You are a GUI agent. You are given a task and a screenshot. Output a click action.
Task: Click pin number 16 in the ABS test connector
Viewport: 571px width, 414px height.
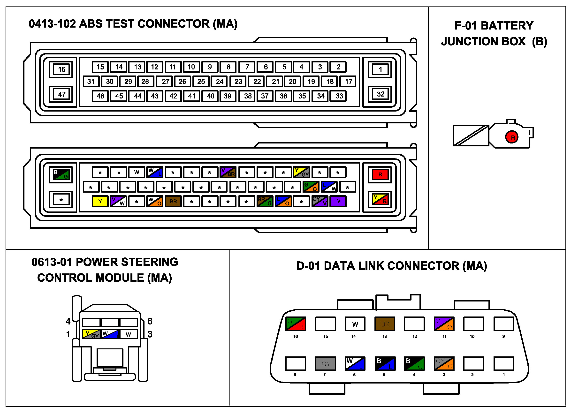62,69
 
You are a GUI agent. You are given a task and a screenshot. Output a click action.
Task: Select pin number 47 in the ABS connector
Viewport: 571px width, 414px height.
62,94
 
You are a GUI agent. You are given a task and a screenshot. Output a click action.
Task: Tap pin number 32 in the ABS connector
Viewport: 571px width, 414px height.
381,94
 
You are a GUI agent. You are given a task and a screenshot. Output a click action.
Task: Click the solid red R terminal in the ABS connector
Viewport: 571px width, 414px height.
380,174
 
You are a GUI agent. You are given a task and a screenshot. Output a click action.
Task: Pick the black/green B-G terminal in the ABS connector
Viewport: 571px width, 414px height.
61,174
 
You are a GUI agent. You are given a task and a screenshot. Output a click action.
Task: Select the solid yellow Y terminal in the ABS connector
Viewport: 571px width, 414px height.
100,201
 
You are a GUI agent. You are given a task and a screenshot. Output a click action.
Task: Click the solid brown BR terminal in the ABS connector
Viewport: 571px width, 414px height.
173,201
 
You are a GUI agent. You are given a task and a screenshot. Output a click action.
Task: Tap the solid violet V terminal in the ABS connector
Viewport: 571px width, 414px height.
338,201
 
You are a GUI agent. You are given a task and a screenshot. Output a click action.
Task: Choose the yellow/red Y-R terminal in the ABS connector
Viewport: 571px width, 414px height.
380,199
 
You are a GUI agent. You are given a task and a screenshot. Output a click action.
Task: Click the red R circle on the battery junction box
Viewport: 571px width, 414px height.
512,137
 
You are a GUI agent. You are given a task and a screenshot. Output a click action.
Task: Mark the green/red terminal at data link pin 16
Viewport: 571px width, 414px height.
296,324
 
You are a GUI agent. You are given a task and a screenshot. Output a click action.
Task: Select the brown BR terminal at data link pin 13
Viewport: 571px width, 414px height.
385,324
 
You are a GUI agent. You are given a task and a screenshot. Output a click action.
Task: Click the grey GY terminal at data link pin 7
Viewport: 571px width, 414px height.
326,364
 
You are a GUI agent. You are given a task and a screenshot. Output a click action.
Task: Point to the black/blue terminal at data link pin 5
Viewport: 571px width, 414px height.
385,364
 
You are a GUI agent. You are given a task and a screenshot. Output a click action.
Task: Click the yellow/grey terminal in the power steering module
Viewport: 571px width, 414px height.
91,334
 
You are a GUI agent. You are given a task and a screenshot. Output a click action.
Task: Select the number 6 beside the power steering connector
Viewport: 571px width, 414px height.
150,321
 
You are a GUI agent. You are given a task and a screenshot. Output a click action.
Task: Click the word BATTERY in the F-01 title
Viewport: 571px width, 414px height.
507,26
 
